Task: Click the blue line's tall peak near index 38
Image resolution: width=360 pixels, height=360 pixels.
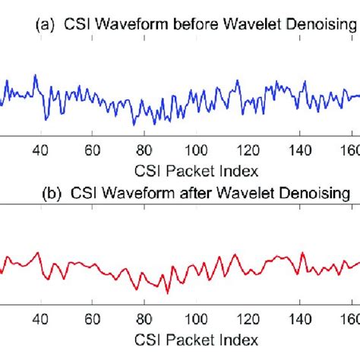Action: coord(35,76)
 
